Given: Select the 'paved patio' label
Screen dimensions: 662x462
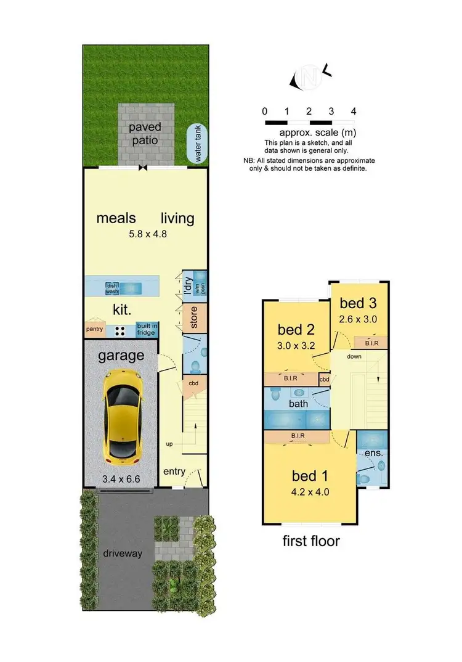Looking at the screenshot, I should tap(145, 134).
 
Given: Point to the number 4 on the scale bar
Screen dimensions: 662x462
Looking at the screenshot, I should tap(353, 112).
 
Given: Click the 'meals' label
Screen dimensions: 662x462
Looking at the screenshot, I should tap(116, 218).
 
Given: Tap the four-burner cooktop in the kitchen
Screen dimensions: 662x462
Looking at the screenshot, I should tap(121, 330).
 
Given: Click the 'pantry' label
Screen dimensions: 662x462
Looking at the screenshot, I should tap(94, 329).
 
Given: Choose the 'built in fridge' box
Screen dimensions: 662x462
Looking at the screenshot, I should tap(147, 329).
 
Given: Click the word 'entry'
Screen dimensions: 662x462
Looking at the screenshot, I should tap(174, 472).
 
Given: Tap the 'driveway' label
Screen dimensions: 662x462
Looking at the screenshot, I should tap(123, 553).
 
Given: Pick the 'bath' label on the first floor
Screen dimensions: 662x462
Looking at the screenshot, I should tap(298, 404).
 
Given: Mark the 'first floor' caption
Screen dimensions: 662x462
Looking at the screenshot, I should tap(311, 541).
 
